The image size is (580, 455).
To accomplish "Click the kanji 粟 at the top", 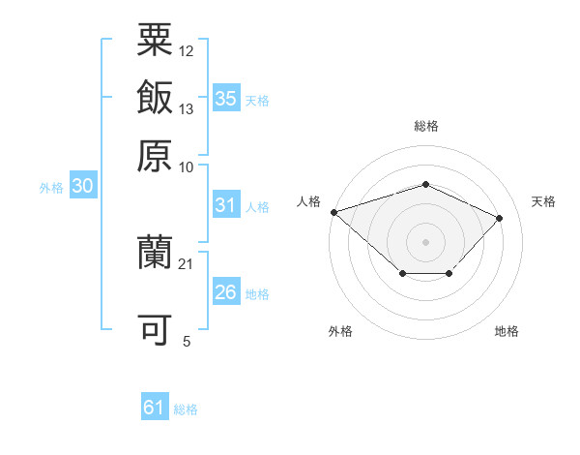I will coord(155,42).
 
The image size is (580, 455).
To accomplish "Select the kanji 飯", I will coord(155,98).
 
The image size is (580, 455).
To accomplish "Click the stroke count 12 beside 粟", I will coord(187,50).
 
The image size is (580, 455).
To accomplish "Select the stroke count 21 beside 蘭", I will coord(187,262).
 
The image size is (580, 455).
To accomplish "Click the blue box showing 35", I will coord(226,98).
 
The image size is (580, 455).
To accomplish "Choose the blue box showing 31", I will coord(226,205).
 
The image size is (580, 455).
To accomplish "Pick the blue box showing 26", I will coord(226,292).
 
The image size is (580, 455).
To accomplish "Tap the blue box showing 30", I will coord(82,187).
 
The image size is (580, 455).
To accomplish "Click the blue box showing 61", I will coord(155,408).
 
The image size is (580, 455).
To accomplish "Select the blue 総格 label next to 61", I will coord(186,409).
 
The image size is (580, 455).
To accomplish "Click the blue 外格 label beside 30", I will coord(50,188).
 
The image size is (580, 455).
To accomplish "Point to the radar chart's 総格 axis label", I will coord(425,126).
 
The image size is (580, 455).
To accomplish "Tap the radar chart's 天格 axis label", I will coord(543,201).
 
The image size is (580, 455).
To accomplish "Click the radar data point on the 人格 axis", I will coord(333,211).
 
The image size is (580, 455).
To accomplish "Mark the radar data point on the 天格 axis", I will coord(499,218).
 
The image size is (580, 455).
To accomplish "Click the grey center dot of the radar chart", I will coord(425,241).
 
